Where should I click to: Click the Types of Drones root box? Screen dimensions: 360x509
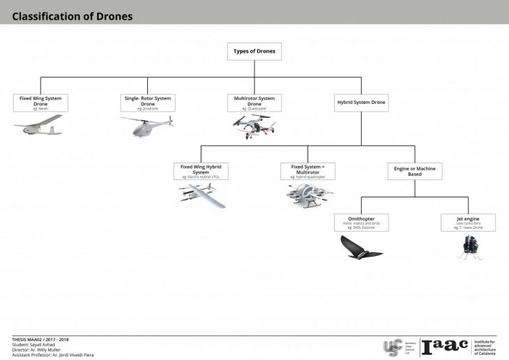(x=254, y=51)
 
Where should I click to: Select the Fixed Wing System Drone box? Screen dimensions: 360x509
(x=40, y=103)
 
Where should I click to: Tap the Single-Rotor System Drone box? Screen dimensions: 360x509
(x=148, y=103)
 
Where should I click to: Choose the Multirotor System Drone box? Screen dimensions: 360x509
(x=254, y=103)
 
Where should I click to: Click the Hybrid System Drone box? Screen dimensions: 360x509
(x=360, y=103)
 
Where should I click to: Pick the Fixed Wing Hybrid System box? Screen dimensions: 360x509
(x=201, y=171)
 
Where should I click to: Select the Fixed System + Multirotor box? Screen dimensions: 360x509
(x=307, y=171)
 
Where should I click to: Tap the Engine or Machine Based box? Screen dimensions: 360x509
(x=415, y=171)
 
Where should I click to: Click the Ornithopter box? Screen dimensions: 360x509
(x=361, y=223)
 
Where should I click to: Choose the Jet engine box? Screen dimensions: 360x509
(x=469, y=223)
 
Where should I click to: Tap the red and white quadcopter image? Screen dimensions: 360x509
(x=254, y=126)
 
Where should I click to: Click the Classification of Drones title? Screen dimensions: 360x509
(x=72, y=15)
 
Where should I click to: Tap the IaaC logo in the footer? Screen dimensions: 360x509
(x=444, y=347)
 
